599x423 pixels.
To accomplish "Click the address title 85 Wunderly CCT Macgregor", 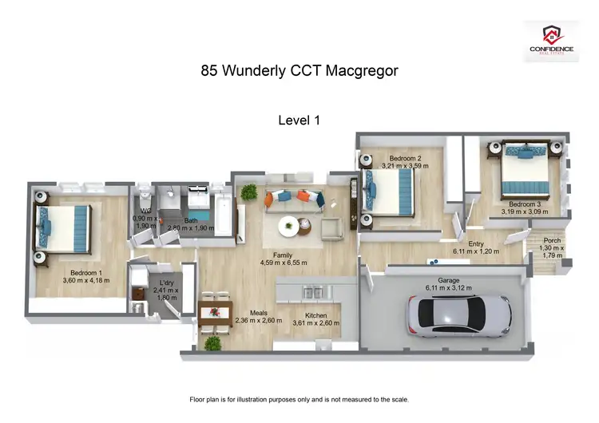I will tap(299, 71).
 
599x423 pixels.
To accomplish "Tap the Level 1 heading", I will tap(299, 121).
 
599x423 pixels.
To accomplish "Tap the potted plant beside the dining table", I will tap(212, 342).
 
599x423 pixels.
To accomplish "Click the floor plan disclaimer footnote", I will tap(299, 399).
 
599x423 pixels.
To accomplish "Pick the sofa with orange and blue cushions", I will tap(293, 199).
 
